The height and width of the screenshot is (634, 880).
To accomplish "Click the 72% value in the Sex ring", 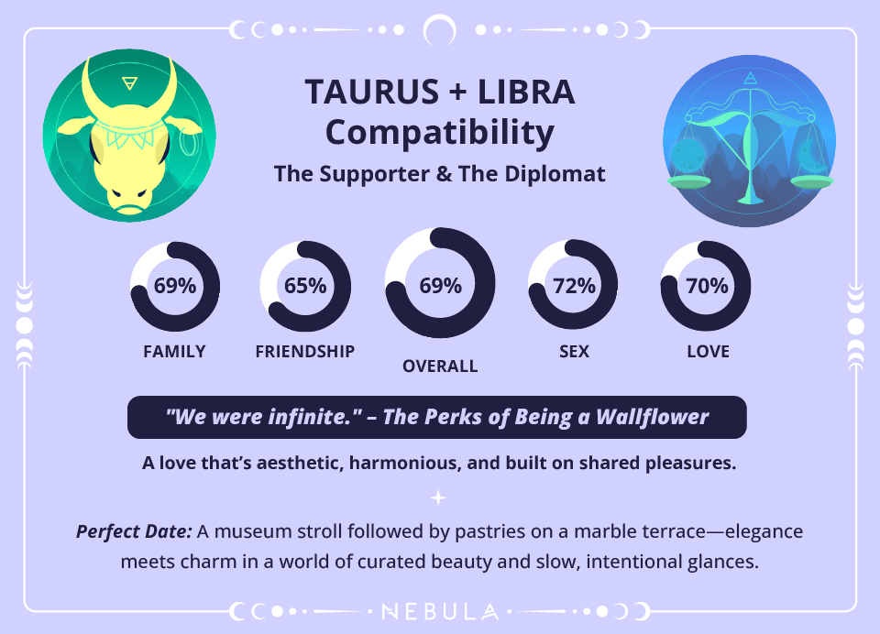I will coord(574,285).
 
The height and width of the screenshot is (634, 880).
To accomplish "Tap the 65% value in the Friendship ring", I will coord(305,285).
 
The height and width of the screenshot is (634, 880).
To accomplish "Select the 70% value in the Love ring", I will coord(707,285).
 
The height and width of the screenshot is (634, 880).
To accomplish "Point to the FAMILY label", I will coord(174,352).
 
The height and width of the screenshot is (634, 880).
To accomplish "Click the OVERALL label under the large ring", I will coord(440,366).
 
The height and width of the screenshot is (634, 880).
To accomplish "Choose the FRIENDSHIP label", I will coord(305,352).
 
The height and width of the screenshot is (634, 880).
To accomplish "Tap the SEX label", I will coord(574,352).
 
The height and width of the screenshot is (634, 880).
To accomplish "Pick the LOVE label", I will coord(708,352).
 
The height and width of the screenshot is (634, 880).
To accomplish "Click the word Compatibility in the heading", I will coord(440,133).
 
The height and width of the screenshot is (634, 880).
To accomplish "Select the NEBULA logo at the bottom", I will coord(440,611).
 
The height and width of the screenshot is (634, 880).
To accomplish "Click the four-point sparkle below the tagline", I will coord(439,497).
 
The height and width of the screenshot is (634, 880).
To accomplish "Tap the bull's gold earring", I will coord(191,145).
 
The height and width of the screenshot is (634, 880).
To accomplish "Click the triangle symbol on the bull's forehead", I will coord(129,83).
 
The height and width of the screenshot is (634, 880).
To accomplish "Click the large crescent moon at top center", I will coord(440,30).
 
